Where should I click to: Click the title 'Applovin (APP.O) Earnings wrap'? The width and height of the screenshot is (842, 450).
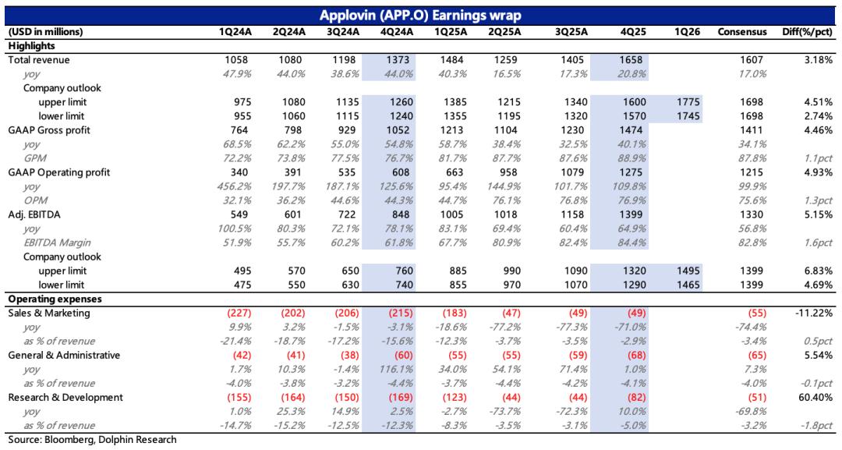click(421, 16)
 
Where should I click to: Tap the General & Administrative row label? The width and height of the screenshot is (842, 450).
click(64, 355)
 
